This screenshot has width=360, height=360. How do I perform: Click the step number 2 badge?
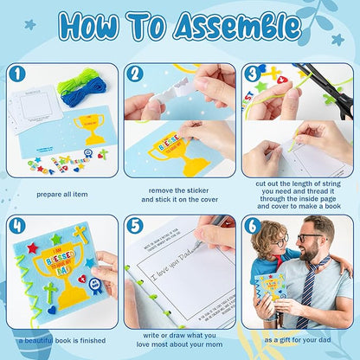pos(135,74)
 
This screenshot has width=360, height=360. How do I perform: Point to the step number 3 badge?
pos(252,74)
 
